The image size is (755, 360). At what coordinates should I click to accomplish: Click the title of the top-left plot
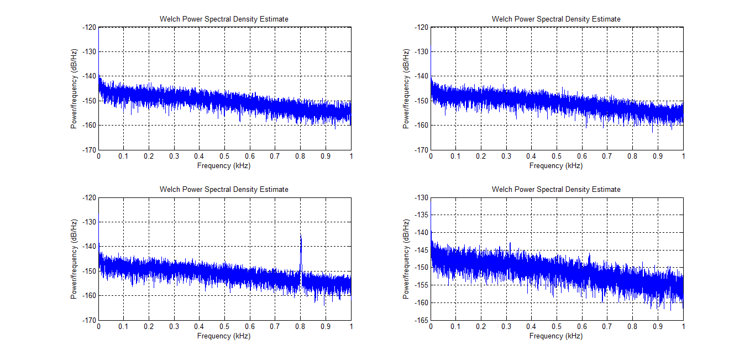click(224, 19)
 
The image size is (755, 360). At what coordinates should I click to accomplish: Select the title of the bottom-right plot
click(556, 189)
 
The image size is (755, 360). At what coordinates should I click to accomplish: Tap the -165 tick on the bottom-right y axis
click(421, 320)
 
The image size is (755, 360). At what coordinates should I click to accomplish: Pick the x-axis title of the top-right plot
click(556, 165)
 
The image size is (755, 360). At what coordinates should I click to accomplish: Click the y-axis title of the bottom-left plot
click(74, 259)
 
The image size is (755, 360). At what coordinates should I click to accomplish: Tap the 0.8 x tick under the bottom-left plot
click(300, 327)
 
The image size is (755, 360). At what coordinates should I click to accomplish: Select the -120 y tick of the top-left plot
click(90, 27)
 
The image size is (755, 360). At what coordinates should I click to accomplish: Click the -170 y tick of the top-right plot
click(421, 150)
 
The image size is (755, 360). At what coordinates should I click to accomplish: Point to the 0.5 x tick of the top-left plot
click(224, 156)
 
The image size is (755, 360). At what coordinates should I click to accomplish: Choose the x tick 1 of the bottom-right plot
click(683, 327)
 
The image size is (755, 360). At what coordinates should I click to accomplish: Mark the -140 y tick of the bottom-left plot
click(90, 247)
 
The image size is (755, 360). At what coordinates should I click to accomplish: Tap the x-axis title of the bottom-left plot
click(224, 336)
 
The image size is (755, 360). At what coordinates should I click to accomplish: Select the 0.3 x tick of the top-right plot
click(506, 156)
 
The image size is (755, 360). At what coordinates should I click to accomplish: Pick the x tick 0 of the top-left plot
click(98, 156)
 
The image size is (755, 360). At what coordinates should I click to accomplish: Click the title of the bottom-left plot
click(224, 189)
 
